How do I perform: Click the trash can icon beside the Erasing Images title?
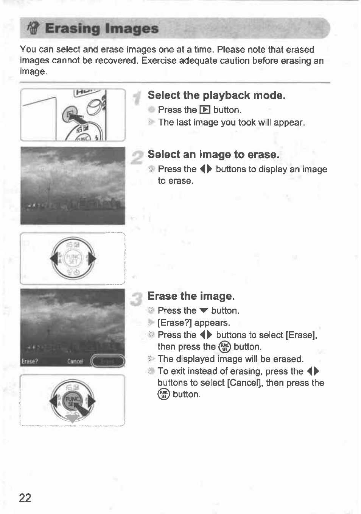click(x=33, y=29)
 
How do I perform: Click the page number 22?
click(x=25, y=497)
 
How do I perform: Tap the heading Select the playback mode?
click(x=216, y=95)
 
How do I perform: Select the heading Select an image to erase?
click(x=213, y=155)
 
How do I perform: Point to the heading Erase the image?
click(x=191, y=296)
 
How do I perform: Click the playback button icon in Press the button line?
click(x=205, y=110)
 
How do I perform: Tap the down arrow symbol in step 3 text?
click(x=204, y=311)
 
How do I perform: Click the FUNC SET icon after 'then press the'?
click(x=224, y=346)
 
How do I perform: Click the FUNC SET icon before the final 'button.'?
click(x=164, y=394)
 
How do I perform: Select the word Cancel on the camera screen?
click(x=75, y=361)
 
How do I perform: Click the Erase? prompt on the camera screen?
click(x=30, y=361)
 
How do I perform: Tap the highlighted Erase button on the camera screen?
click(x=107, y=361)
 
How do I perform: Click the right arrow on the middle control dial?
click(x=92, y=259)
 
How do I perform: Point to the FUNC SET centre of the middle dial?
click(x=73, y=259)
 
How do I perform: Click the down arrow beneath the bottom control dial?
click(x=72, y=419)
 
